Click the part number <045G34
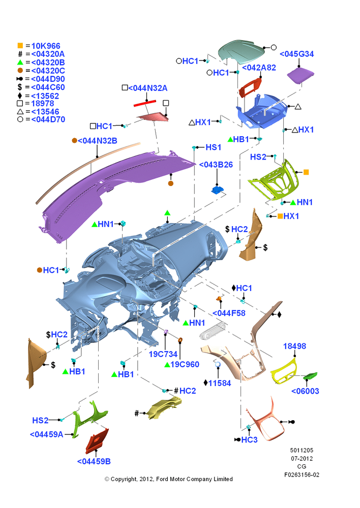pyautogui.click(x=296, y=54)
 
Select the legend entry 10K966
pyautogui.click(x=46, y=46)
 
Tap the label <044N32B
pyautogui.click(x=97, y=141)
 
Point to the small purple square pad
pyautogui.click(x=301, y=75)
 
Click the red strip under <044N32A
pyautogui.click(x=145, y=103)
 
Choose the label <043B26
pyautogui.click(x=216, y=165)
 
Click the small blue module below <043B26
pyautogui.click(x=217, y=189)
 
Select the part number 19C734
pyautogui.click(x=163, y=354)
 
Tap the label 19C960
pyautogui.click(x=185, y=364)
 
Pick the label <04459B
pyautogui.click(x=94, y=461)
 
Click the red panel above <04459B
pyautogui.click(x=97, y=440)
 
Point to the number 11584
pyautogui.click(x=220, y=383)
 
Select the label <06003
pyautogui.click(x=305, y=391)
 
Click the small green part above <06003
pyautogui.click(x=310, y=376)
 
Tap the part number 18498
pyautogui.click(x=294, y=346)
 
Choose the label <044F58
pyautogui.click(x=229, y=313)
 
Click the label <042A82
pyautogui.click(x=259, y=68)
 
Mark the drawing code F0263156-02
pyautogui.click(x=302, y=475)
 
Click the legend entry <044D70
pyautogui.click(x=48, y=119)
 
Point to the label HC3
pyautogui.click(x=249, y=440)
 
